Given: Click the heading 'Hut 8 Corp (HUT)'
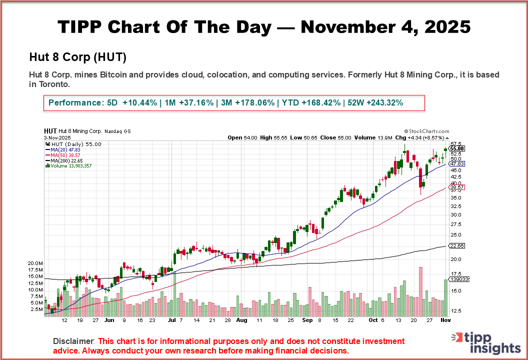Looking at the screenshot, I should [x=77, y=57].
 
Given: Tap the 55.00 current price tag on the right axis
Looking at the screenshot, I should [x=457, y=148].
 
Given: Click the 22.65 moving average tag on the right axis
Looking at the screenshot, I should [x=457, y=245].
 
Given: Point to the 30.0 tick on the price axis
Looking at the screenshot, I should [x=455, y=215].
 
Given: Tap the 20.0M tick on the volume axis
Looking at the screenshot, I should [x=36, y=263].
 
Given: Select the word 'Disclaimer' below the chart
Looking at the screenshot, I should [x=73, y=341].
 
